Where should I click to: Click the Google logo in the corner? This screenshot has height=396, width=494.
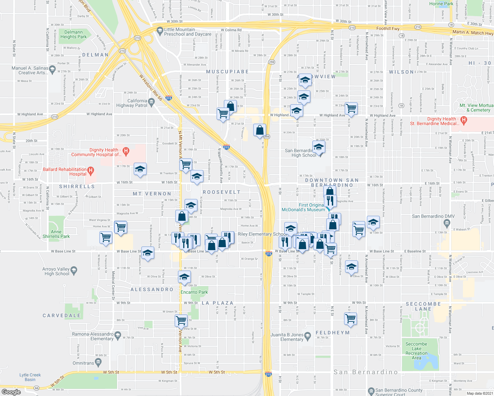(x=11, y=392)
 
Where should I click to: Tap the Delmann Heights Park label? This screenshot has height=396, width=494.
(x=73, y=34)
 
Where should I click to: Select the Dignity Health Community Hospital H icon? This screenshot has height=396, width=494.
(x=126, y=152)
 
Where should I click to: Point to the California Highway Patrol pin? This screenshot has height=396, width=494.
(x=152, y=101)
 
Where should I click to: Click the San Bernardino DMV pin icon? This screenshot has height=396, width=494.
(x=447, y=223)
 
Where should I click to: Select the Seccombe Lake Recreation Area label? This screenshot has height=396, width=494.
(x=416, y=351)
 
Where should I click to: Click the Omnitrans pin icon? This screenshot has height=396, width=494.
(x=98, y=363)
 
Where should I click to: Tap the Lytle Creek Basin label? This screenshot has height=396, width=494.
(x=30, y=377)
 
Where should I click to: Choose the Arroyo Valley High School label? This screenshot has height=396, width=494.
(x=57, y=271)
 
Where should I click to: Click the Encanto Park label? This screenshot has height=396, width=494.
(x=194, y=292)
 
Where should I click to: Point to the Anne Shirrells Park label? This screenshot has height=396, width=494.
(x=56, y=234)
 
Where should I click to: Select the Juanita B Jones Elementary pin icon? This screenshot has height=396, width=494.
(x=308, y=336)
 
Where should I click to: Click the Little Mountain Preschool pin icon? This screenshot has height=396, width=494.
(x=160, y=30)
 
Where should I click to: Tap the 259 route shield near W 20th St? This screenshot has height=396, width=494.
(x=267, y=137)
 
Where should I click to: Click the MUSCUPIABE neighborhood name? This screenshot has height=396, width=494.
(x=227, y=72)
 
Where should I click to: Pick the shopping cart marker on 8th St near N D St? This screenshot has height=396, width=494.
(x=350, y=319)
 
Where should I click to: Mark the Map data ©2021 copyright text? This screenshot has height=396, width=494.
(x=480, y=393)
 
